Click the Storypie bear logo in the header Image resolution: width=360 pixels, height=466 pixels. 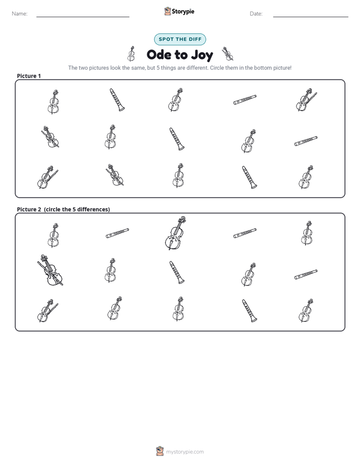coord(167,11)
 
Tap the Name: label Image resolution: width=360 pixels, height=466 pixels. coord(20,14)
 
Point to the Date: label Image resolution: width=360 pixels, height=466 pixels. coord(256,14)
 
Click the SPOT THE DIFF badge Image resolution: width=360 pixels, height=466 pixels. coord(180,39)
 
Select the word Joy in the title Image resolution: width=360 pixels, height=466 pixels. coord(202,55)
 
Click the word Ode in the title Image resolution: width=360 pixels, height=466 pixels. coord(159,54)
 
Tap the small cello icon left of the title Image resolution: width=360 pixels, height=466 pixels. coord(131,53)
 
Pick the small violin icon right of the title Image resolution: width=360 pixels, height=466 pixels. coord(227,53)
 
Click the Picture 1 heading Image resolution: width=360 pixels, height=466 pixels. coord(29,76)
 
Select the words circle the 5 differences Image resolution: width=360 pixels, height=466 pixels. coord(77,209)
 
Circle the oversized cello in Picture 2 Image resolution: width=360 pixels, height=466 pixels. coord(175,233)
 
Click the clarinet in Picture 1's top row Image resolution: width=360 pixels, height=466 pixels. coord(117,99)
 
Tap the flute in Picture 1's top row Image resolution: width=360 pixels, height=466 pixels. coord(245,100)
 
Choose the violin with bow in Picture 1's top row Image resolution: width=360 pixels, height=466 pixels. coord(307,99)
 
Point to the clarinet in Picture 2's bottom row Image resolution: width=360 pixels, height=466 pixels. coord(250,311)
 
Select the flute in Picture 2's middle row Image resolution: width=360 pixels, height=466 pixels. coord(306,274)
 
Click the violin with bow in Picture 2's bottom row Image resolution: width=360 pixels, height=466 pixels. coord(47,311)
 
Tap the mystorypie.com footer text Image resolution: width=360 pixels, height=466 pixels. coord(185,452)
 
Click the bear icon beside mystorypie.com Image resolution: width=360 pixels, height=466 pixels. coord(160,451)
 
